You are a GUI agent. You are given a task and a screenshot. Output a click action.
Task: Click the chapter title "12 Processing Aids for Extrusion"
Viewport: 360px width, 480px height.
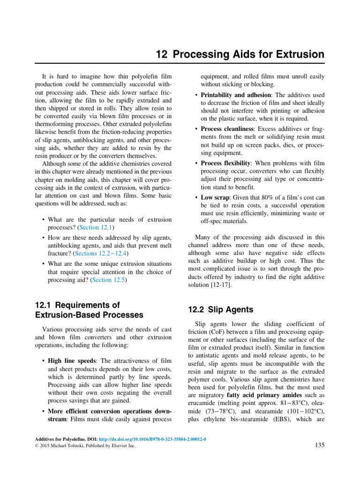tap(240, 55)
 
